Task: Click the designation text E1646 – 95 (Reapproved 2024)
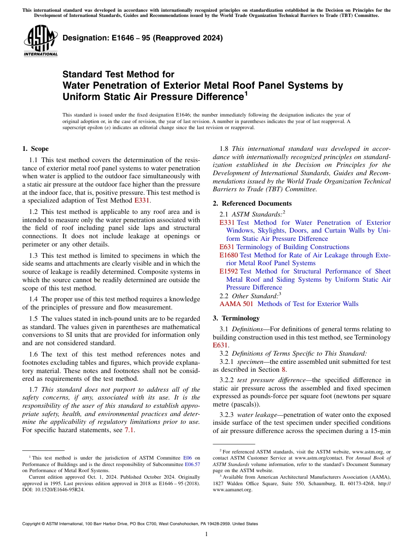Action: [143, 38]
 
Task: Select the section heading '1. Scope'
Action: [35, 149]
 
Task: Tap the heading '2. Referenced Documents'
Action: [252, 203]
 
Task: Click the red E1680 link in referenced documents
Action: [229, 255]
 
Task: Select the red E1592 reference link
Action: [229, 271]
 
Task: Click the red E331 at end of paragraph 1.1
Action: [142, 200]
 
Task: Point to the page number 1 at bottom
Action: [206, 534]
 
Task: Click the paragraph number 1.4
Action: [33, 299]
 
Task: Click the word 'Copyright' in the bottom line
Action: [32, 524]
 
